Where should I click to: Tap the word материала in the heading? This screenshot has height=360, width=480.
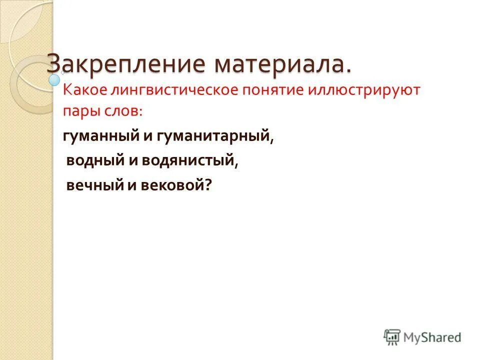(x=275, y=64)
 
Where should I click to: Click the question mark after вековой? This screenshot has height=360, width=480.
(x=208, y=185)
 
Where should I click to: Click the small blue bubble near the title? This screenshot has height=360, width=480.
(x=54, y=78)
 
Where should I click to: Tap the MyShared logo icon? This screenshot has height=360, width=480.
(x=392, y=337)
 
